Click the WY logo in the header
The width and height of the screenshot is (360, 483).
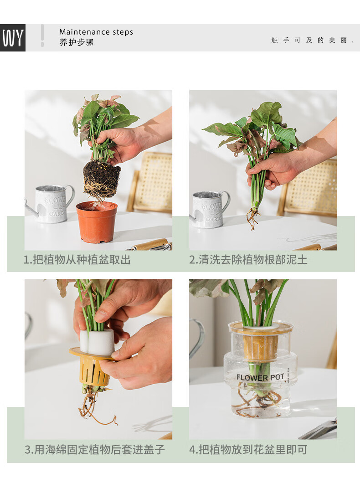[13, 38]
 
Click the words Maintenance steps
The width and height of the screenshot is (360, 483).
[96, 32]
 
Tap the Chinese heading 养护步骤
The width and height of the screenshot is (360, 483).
[77, 42]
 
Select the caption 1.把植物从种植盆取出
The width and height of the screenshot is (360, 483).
[77, 260]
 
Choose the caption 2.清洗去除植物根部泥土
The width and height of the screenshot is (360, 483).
[248, 260]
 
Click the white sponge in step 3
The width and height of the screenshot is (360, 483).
[97, 342]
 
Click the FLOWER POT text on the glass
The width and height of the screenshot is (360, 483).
[260, 377]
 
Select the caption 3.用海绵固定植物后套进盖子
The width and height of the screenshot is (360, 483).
[95, 450]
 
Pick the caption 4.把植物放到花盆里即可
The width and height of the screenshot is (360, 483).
[248, 450]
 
